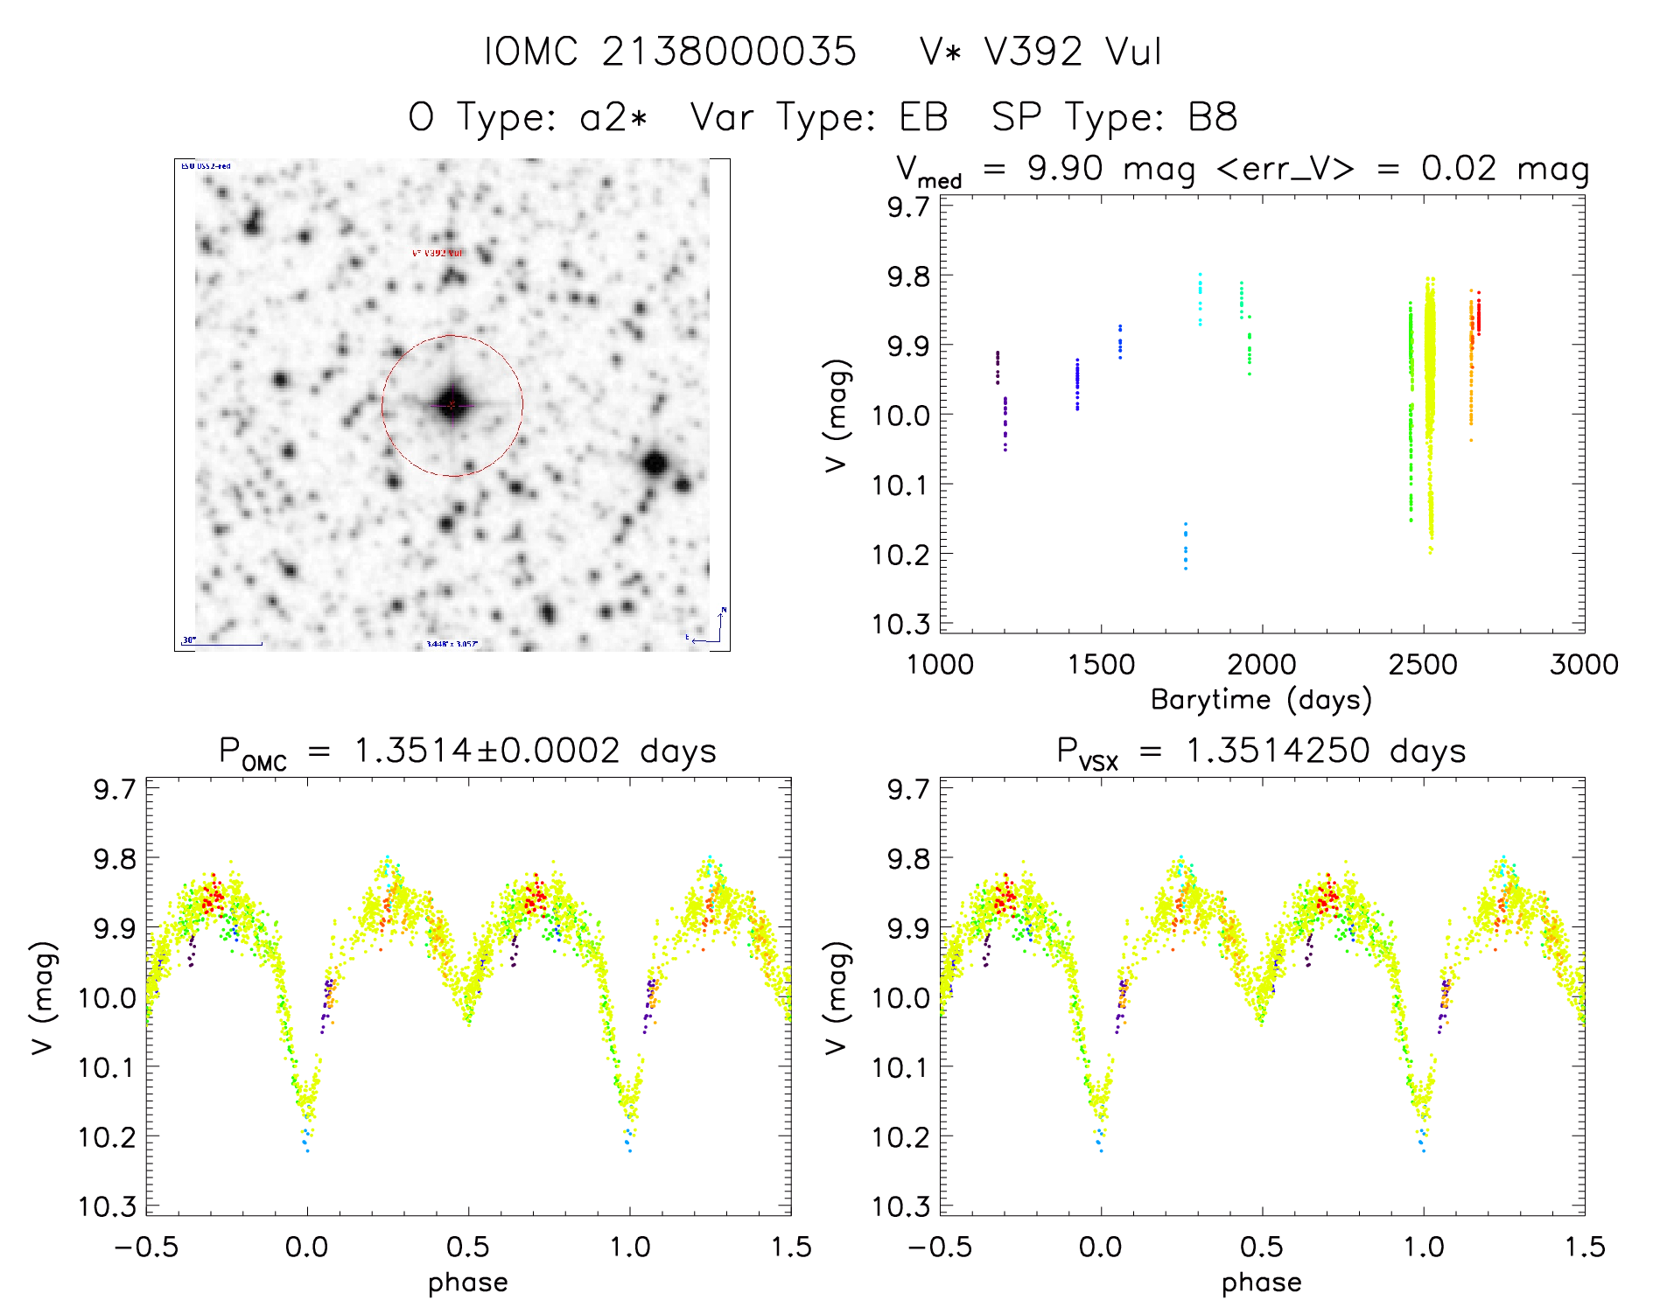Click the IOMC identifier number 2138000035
pos(728,52)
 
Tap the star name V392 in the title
pos(1033,52)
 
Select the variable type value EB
pos(923,117)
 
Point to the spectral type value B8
pos(1212,117)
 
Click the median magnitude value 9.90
pos(1065,168)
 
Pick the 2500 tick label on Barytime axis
pos(1423,664)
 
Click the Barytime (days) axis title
pos(1261,699)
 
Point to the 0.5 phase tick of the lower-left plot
pos(468,1247)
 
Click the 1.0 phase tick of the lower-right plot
pos(1424,1247)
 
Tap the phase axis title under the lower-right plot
pos(1261,1283)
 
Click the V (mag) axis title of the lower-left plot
pos(44,998)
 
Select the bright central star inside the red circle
pos(452,404)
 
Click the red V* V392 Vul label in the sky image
pos(438,253)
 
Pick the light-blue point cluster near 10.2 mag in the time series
pos(1186,544)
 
